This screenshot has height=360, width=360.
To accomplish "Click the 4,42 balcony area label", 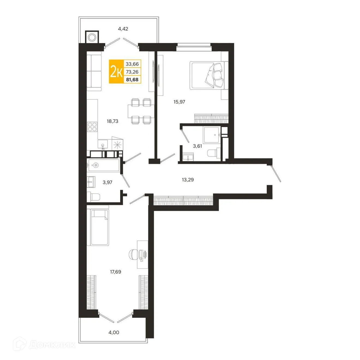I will [123, 29].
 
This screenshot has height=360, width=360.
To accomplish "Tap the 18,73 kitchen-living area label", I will [112, 121].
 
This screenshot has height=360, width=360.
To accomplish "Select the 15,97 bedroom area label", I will [179, 102].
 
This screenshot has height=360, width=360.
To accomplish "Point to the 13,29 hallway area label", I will [188, 179].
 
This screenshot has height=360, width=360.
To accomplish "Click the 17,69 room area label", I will [115, 272].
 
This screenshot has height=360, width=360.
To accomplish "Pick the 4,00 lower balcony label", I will [114, 332].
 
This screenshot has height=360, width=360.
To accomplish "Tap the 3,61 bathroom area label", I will [197, 146].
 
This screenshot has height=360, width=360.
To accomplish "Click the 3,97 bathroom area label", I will [107, 182].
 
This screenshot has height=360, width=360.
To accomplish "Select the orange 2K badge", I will [116, 72].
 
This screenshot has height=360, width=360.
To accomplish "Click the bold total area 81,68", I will [132, 80].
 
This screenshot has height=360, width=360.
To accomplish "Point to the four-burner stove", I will [92, 127].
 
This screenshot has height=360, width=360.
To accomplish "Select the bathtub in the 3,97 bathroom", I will [103, 165].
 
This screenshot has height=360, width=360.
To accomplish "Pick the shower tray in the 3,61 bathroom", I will [211, 135].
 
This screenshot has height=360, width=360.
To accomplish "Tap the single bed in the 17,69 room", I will [100, 227].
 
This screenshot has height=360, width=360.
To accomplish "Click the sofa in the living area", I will [94, 72].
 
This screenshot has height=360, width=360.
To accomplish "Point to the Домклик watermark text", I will [52, 345].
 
